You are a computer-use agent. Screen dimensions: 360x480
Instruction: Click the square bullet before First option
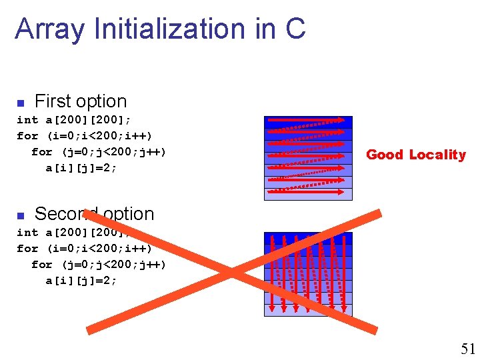20,103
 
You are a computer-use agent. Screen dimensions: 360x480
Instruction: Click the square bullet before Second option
20,215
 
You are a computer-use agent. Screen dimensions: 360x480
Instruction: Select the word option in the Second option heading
127,214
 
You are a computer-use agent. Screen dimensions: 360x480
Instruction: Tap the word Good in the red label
385,155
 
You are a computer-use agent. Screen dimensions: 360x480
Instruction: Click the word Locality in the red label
437,155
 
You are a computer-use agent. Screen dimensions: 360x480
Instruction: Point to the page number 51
467,348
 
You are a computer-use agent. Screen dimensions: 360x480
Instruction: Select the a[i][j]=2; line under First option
81,168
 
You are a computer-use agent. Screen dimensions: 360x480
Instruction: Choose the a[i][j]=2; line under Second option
81,281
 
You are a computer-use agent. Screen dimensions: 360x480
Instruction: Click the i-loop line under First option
84,136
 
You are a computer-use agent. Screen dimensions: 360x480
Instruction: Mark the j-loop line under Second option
99,265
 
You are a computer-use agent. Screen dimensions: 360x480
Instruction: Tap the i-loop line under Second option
84,249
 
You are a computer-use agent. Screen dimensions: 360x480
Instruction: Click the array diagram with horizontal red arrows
308,158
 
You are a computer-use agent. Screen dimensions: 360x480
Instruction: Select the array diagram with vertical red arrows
308,274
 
